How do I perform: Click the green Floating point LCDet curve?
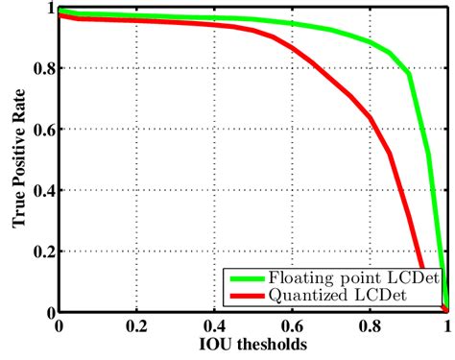(288, 21)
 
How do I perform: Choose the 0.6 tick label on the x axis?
(291, 326)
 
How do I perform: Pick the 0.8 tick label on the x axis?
(369, 326)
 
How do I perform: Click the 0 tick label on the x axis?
(60, 326)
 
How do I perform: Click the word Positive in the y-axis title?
(18, 155)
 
